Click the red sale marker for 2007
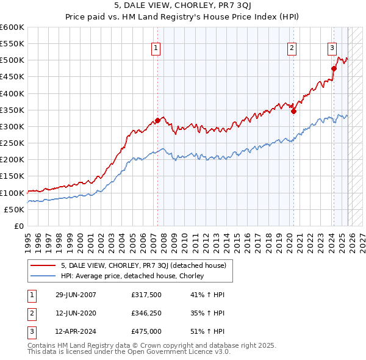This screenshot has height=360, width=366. pyautogui.click(x=157, y=121)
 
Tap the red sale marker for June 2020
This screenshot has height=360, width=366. pyautogui.click(x=293, y=111)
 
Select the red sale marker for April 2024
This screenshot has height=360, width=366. pyautogui.click(x=334, y=68)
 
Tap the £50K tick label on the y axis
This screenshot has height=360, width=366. pyautogui.click(x=15, y=209)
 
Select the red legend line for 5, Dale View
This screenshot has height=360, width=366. pyautogui.click(x=43, y=265)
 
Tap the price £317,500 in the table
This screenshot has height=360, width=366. pyautogui.click(x=146, y=295)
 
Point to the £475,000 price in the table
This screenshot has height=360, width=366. pyautogui.click(x=146, y=332)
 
